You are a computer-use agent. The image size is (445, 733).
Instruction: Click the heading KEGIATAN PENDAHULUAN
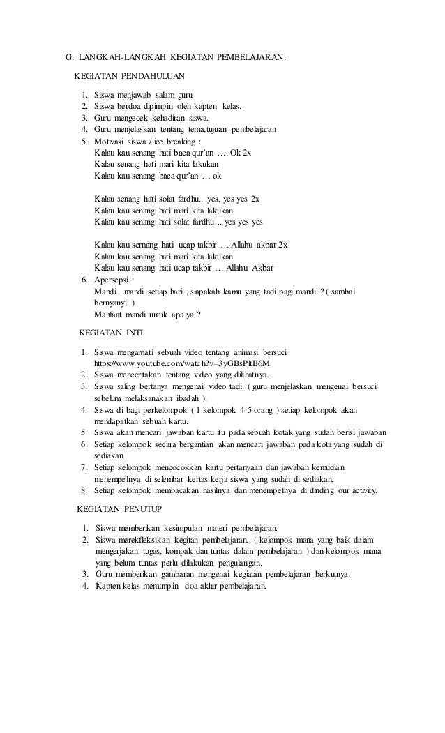129,75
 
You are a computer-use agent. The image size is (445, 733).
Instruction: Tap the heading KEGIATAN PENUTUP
119,506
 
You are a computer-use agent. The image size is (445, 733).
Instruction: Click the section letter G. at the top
69,56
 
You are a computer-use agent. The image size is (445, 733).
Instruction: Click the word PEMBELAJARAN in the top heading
249,56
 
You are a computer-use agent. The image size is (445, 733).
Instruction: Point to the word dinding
313,490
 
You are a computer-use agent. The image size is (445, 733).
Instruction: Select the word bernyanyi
112,303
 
